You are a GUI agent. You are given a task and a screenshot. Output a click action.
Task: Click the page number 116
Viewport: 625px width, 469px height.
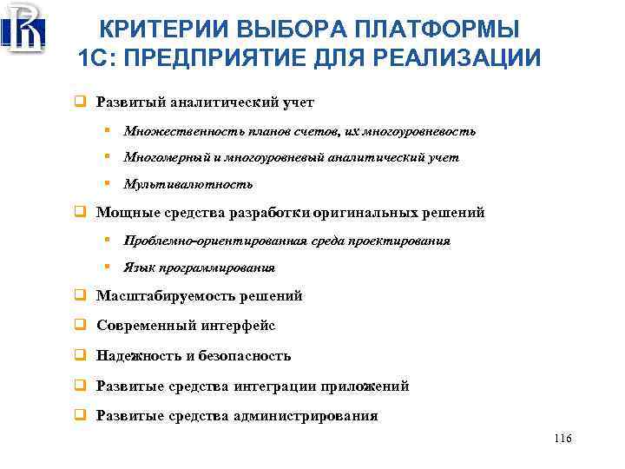562,439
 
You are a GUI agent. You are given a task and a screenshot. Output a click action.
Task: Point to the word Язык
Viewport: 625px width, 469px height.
138,268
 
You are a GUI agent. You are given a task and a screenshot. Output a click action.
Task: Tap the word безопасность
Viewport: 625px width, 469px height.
242,356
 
